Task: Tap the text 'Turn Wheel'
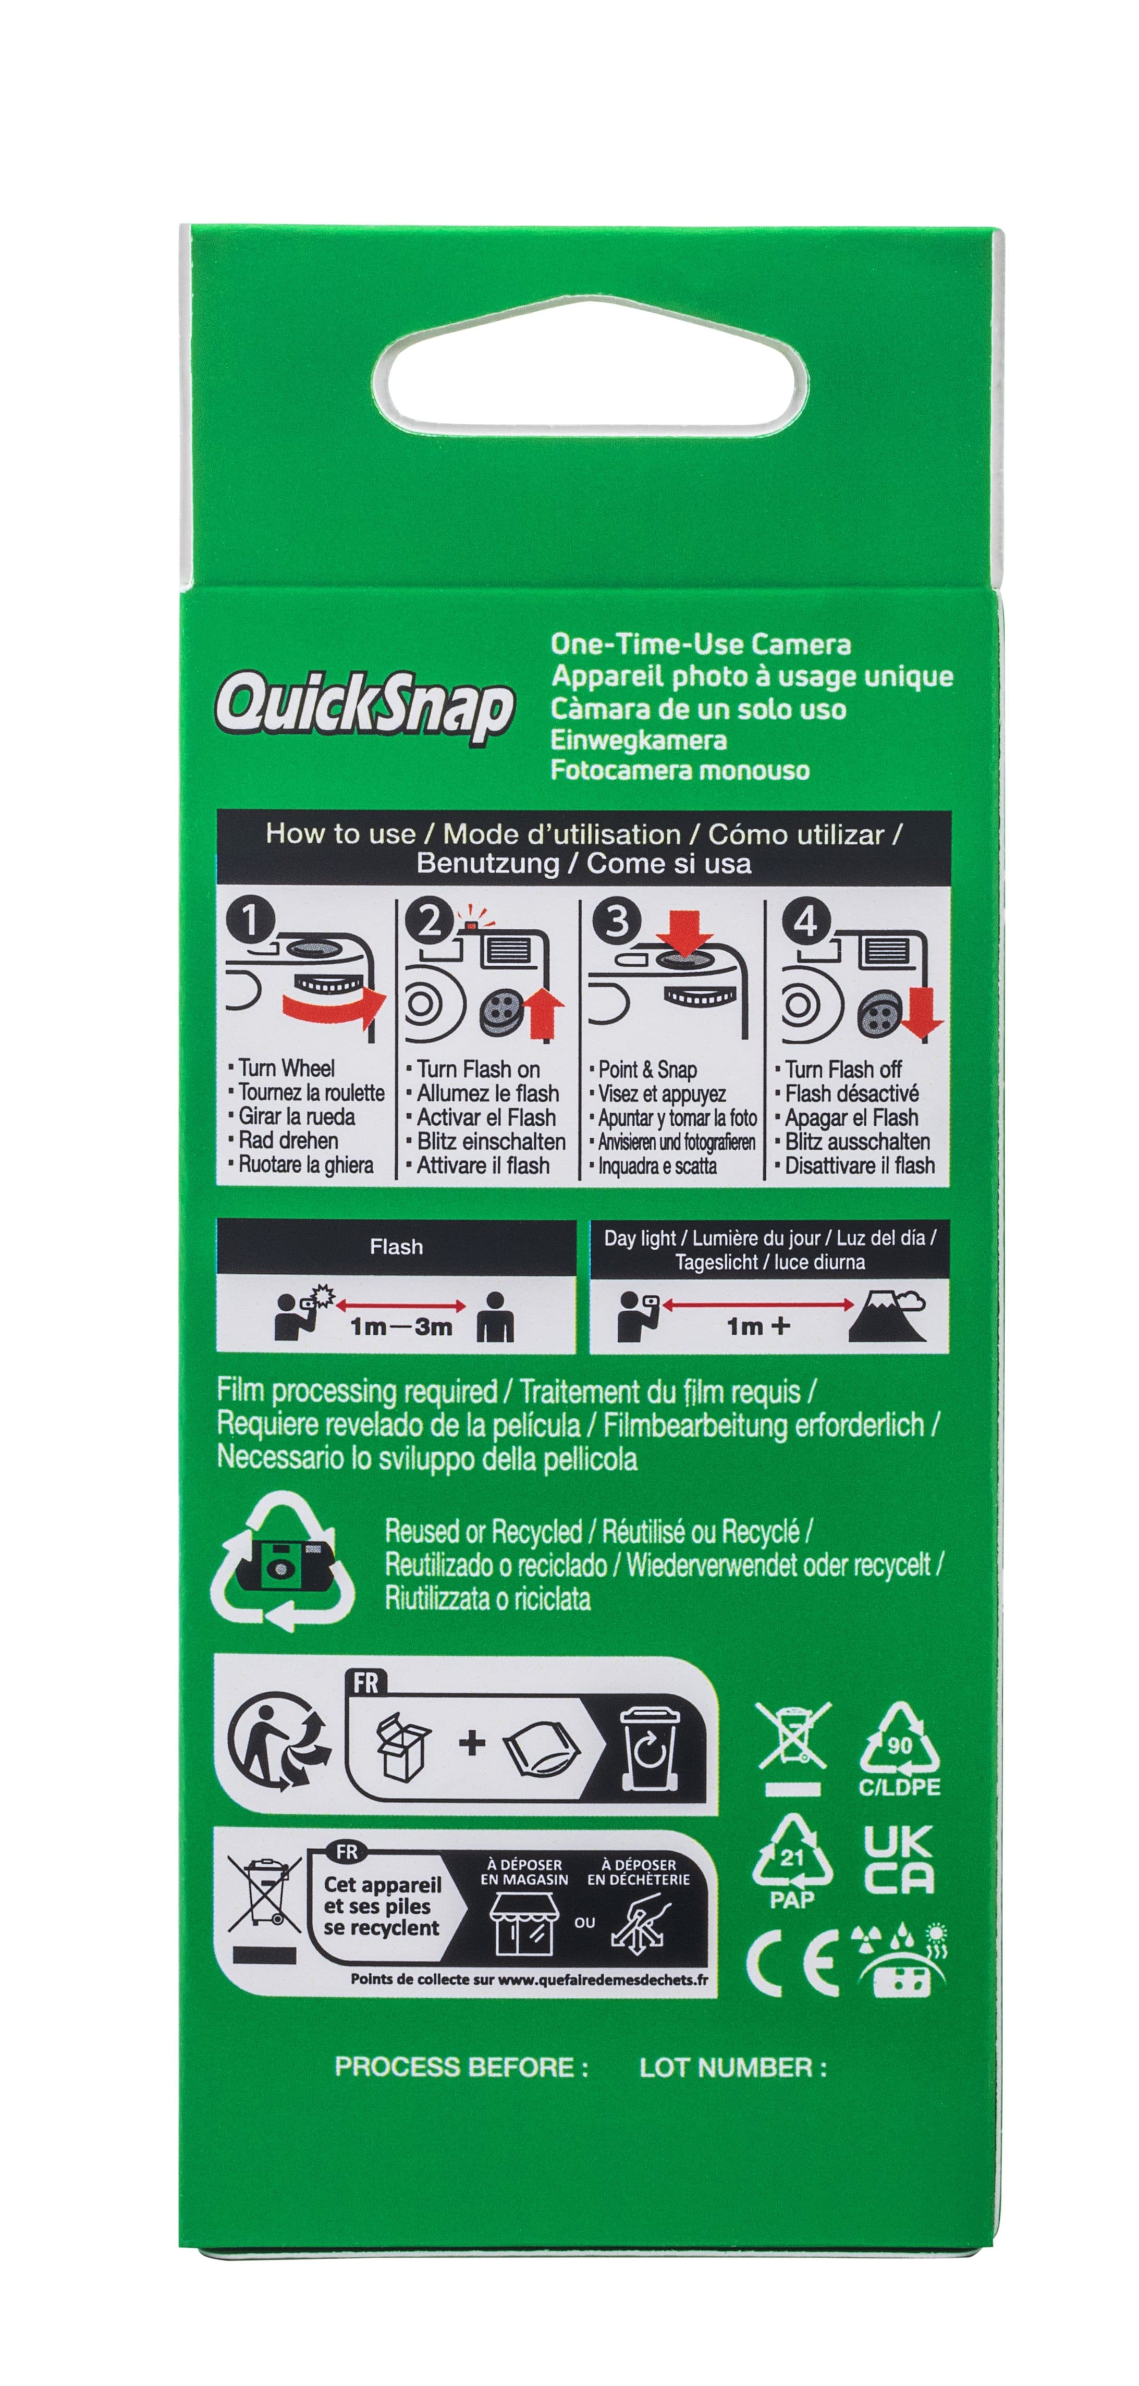pos(286,1068)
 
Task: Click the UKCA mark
pos(897,1859)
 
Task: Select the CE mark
pos(792,1963)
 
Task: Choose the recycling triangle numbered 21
pos(791,1855)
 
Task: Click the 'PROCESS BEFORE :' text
pos(461,2067)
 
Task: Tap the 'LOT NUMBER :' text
pos(732,2067)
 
